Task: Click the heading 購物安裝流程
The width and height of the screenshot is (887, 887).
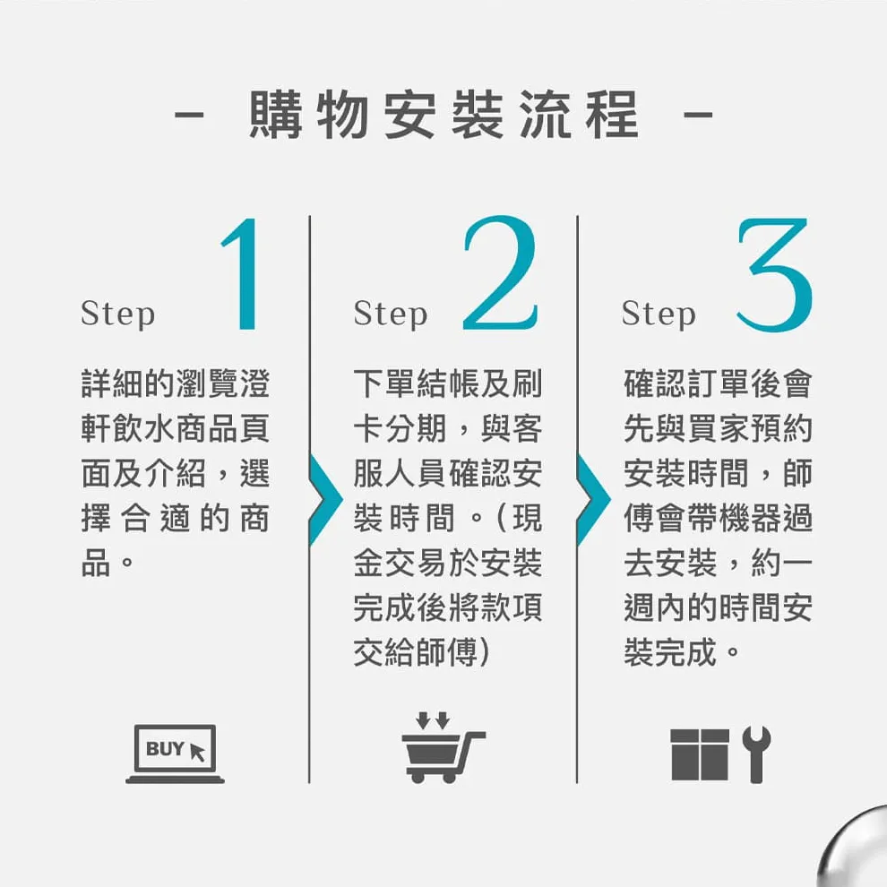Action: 444,115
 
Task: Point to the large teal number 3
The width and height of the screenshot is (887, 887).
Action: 774,274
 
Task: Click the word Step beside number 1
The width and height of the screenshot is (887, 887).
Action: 117,314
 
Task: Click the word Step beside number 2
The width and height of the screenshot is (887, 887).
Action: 391,314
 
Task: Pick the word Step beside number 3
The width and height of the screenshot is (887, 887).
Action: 659,314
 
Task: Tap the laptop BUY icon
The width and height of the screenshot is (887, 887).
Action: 175,754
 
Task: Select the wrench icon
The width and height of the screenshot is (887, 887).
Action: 756,754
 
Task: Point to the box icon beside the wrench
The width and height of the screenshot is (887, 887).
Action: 700,755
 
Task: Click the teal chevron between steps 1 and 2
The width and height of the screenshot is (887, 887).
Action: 326,500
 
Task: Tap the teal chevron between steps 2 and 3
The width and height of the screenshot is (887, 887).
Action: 594,500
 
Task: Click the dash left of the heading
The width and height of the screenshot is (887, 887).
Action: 190,115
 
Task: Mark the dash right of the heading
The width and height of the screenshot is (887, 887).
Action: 698,115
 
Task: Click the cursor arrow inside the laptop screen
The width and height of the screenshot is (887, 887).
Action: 196,753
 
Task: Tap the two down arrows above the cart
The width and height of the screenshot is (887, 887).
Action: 433,720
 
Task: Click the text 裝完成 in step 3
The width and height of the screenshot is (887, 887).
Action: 671,652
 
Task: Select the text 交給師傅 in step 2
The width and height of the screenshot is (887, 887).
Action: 416,652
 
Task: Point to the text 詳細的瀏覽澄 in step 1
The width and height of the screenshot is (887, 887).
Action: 176,383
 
